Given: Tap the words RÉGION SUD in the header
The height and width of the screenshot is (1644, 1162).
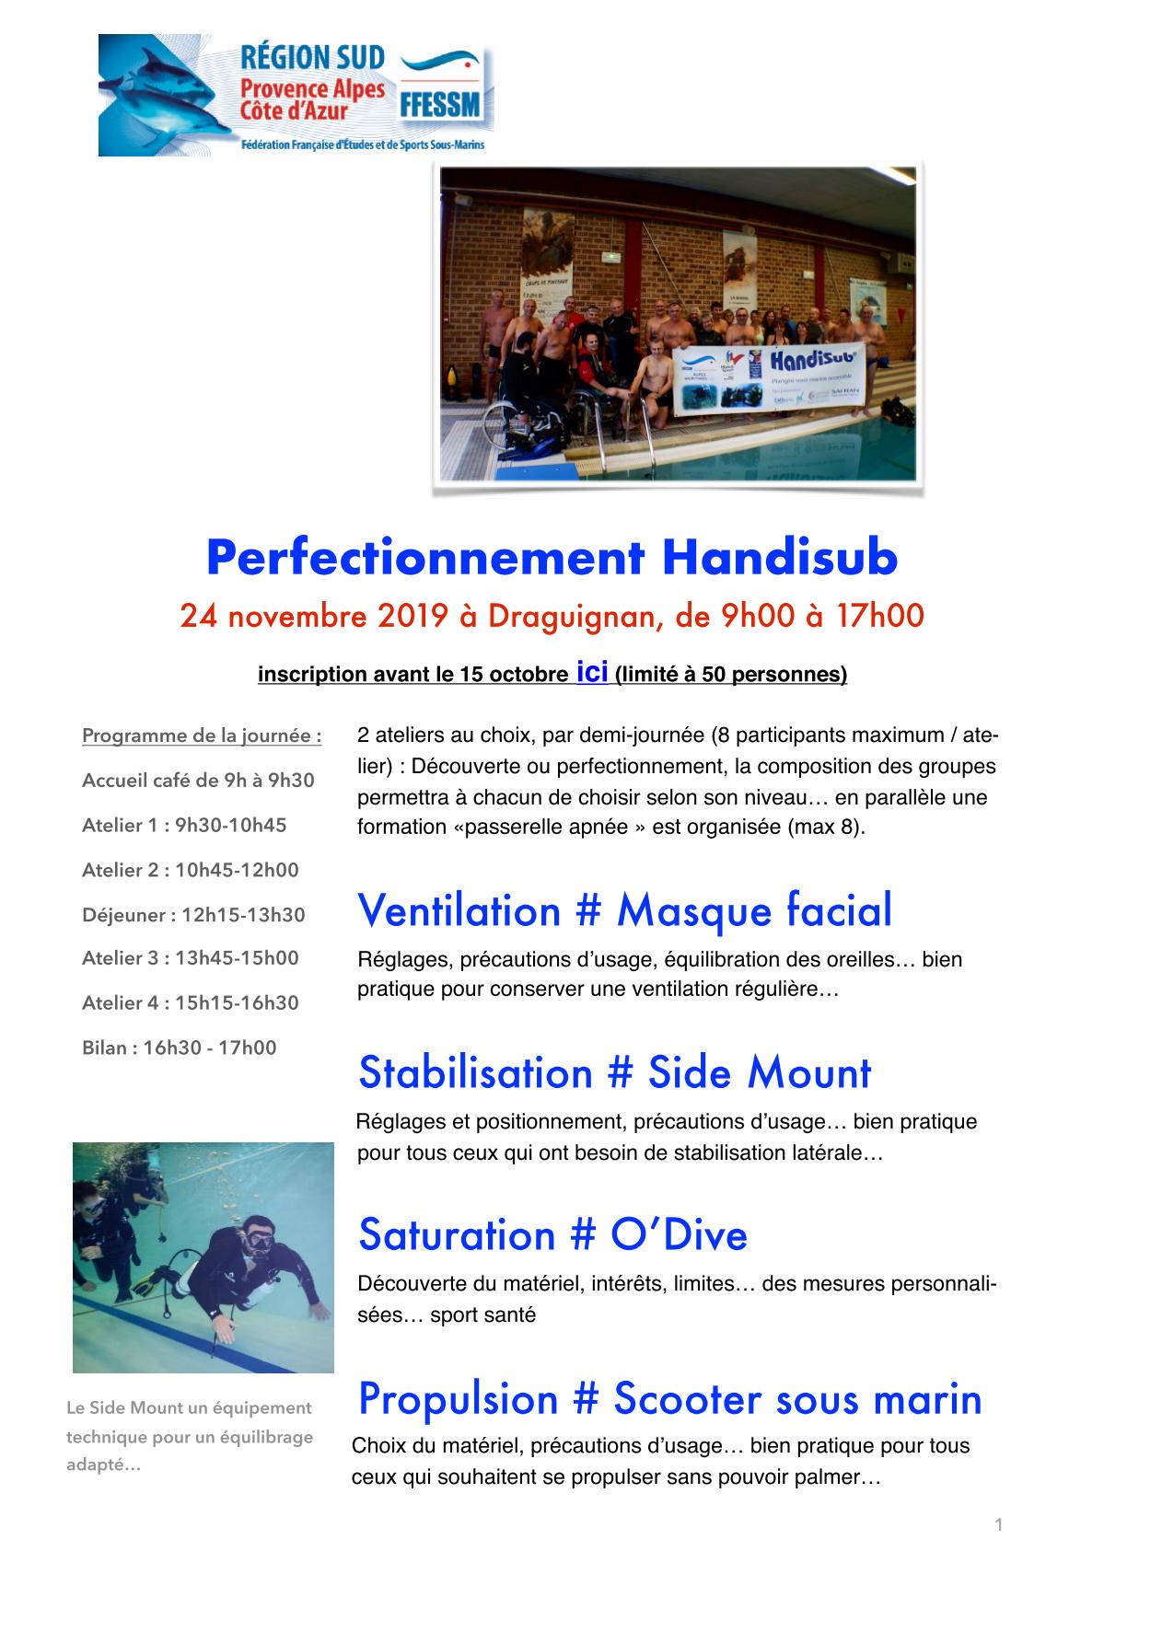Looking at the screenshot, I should tap(312, 58).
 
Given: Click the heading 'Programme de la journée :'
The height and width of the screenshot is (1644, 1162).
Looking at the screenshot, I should tap(202, 736).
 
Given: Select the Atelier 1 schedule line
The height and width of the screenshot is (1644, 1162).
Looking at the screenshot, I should tap(184, 825).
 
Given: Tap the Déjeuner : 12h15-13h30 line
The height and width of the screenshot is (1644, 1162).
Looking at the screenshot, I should tap(193, 915).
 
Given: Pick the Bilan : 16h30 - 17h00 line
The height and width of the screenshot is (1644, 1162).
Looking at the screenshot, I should tap(179, 1048).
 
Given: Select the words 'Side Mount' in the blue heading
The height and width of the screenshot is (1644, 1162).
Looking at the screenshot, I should tap(759, 1072).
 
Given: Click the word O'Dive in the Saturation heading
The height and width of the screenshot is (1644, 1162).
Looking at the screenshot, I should tap(679, 1234).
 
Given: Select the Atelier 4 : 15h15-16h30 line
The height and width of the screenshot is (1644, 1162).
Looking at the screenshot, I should tap(191, 1002).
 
